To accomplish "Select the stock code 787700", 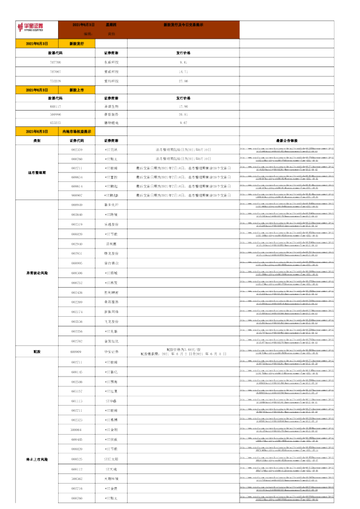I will pos(56,62).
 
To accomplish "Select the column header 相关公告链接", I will pos(287,140).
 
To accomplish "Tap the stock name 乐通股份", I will pos(111,224).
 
